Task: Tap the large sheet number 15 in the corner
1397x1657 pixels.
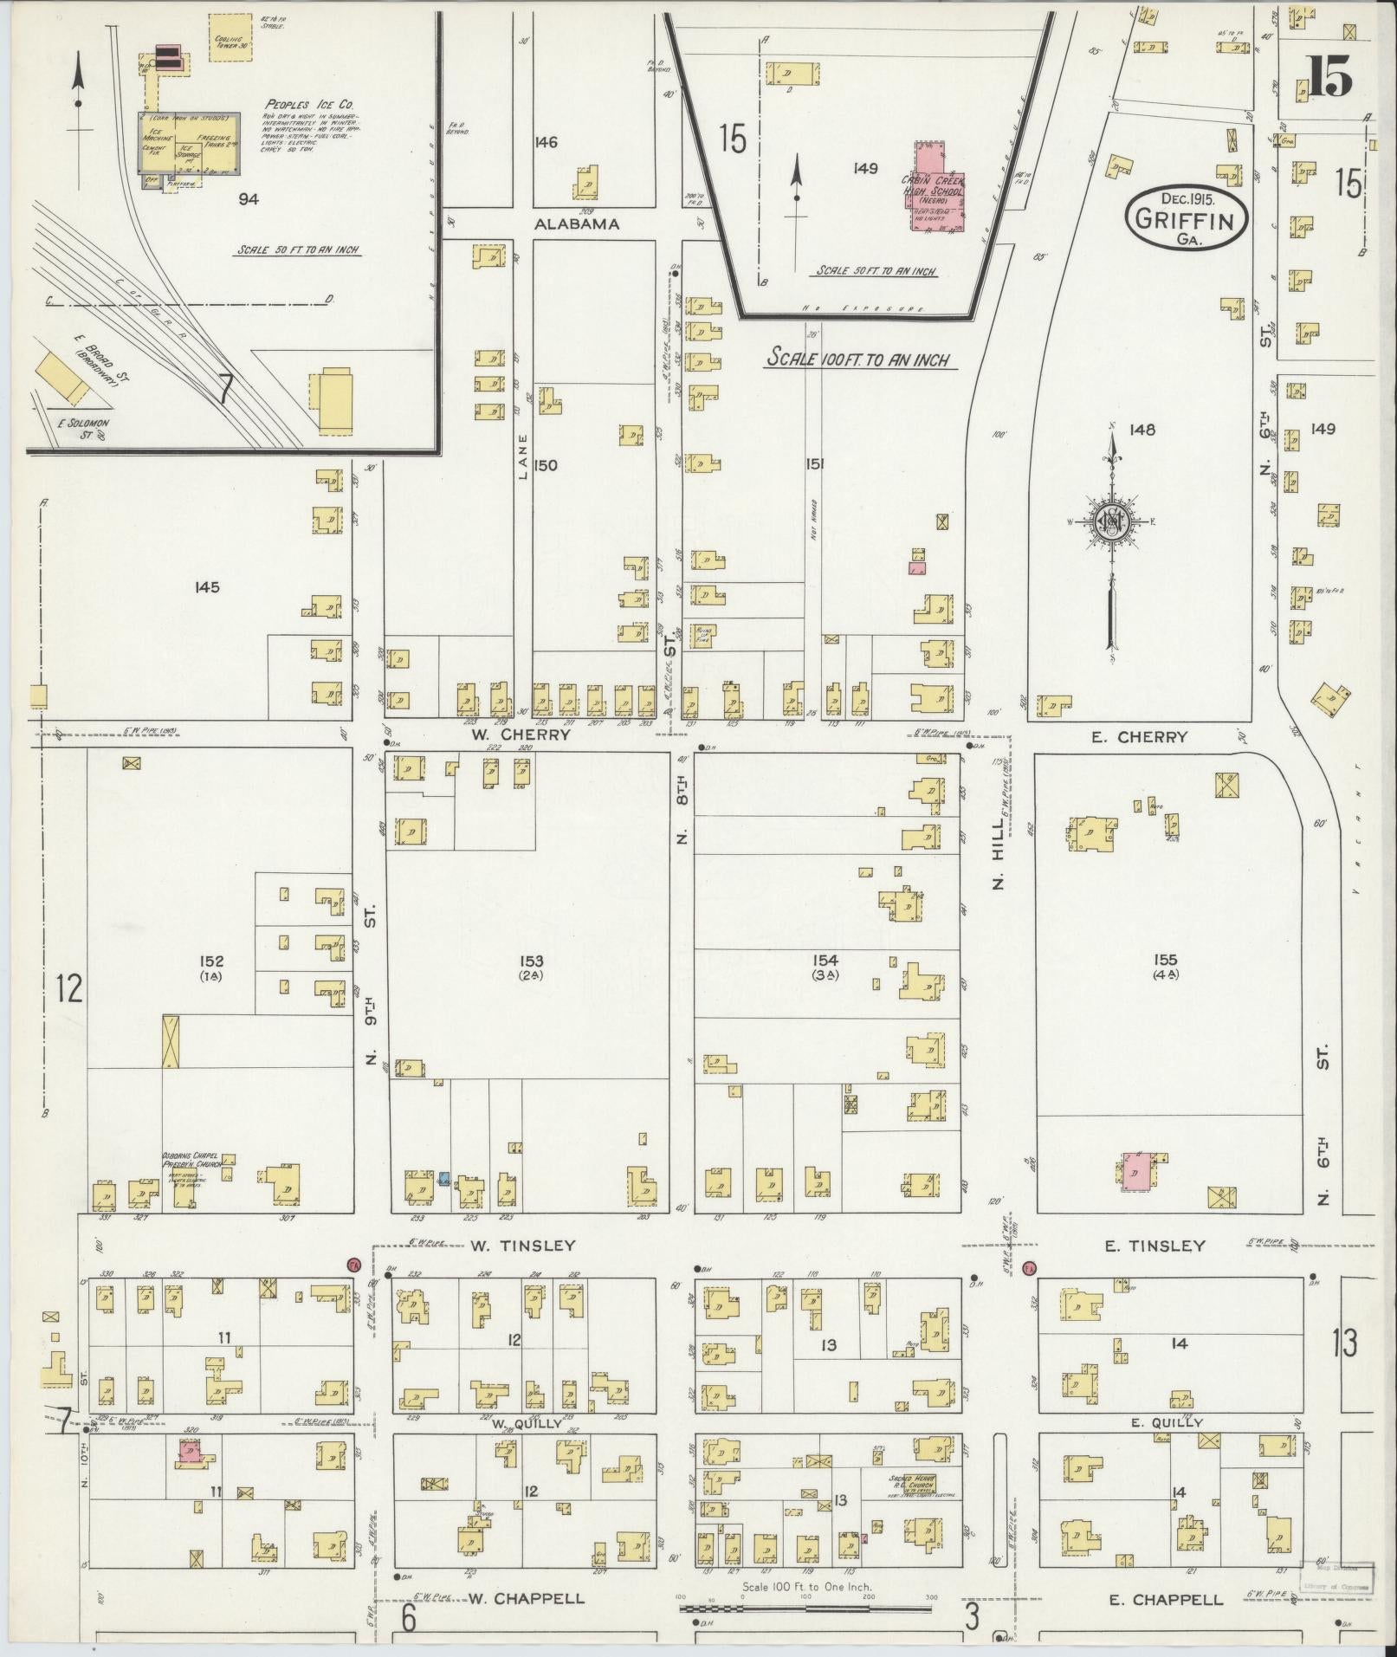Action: (1329, 77)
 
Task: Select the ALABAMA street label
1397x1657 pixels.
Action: (577, 223)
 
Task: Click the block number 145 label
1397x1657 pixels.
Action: (207, 587)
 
